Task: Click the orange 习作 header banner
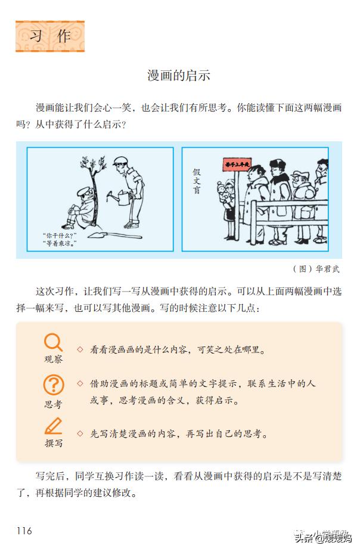(x=50, y=36)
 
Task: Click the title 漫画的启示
(x=179, y=76)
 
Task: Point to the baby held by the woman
(x=225, y=192)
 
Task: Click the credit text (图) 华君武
(x=316, y=268)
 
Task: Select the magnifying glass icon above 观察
(x=53, y=342)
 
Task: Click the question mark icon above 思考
(x=53, y=385)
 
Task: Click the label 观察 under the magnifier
(x=53, y=359)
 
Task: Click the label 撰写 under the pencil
(x=53, y=443)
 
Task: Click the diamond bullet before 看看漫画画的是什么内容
(x=79, y=348)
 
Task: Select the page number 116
(x=24, y=531)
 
